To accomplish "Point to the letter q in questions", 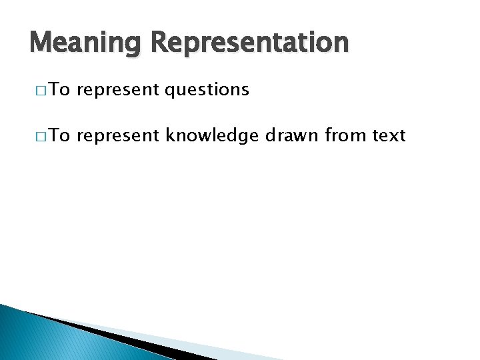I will click(169, 92).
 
